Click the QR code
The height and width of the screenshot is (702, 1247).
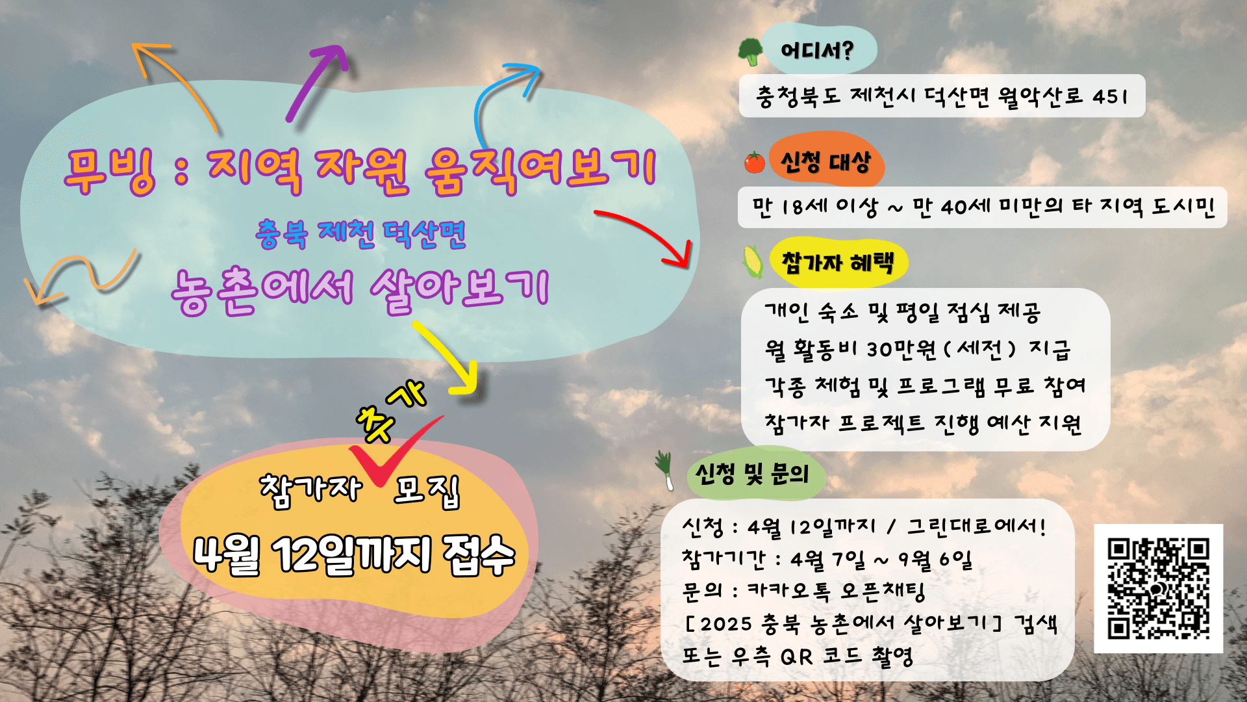pos(1158,588)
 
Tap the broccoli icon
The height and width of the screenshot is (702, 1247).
pos(751,51)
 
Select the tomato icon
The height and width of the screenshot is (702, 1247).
pos(755,162)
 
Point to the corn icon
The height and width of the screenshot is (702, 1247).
pos(753,261)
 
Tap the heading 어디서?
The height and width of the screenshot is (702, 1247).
pos(817,50)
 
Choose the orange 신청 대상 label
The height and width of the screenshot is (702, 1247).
pos(825,161)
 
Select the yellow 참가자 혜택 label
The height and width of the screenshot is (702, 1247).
pos(838,263)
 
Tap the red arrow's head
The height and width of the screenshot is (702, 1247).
pos(678,253)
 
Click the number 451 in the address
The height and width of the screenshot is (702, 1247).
pos(1110,97)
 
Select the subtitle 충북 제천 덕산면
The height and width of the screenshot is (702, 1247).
pos(360,234)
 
